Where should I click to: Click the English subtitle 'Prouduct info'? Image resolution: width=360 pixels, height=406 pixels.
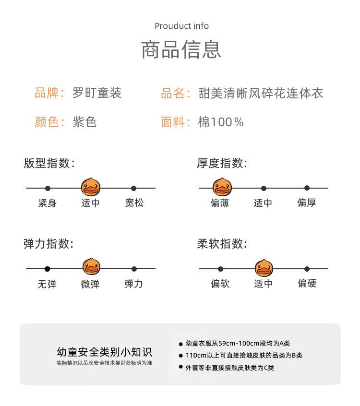coord(181,26)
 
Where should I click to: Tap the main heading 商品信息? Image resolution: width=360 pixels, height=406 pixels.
coord(181,49)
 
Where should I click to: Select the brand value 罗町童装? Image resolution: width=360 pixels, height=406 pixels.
coord(97,93)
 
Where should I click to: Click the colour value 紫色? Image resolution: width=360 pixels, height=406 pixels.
coord(84,122)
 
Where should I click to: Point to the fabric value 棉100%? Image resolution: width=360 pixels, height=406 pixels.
coord(221,122)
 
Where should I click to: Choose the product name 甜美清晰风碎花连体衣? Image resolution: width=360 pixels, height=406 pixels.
coord(261,93)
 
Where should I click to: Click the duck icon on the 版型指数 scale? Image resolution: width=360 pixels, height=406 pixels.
coord(90,187)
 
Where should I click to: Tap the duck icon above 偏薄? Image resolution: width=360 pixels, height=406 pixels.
coord(222,187)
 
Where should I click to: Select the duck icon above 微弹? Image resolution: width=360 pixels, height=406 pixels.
coord(90,267)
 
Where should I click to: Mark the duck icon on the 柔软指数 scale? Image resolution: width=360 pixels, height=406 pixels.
coord(264,267)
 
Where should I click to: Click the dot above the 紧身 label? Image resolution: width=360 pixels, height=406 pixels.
coord(48,188)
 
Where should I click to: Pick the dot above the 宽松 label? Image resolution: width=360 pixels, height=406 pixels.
coord(134,188)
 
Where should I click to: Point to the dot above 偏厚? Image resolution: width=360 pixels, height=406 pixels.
coord(307,188)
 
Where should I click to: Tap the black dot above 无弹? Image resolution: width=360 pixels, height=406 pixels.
coord(47,269)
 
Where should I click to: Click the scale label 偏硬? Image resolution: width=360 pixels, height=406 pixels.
coord(307,284)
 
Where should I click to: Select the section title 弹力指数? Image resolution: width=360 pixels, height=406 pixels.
coord(48,244)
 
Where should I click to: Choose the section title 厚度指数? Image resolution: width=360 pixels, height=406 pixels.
coord(222,163)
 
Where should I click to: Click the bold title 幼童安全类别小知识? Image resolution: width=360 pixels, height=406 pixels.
coord(104,352)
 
